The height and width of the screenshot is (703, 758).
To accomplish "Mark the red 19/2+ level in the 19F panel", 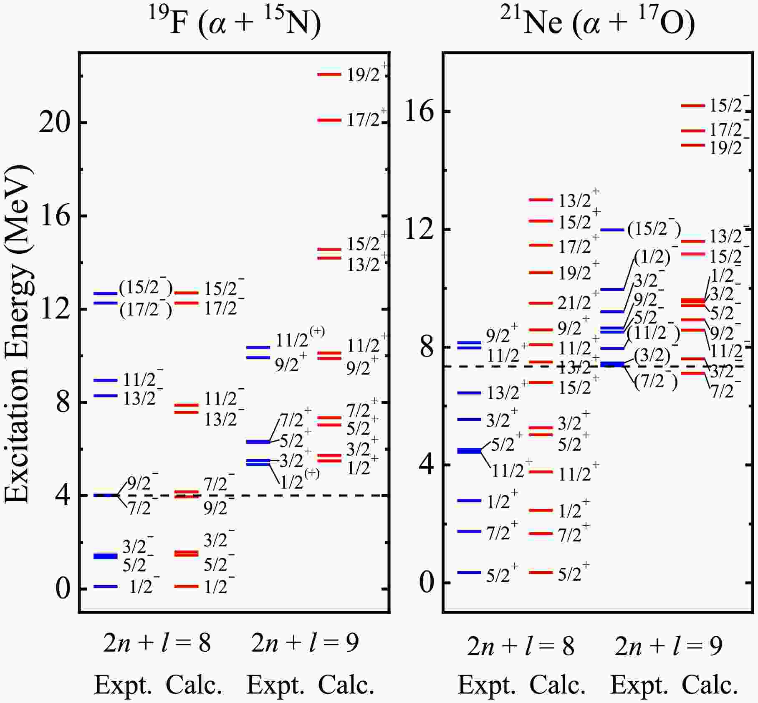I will [x=329, y=74].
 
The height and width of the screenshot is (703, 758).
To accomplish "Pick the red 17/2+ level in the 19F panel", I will [x=329, y=120].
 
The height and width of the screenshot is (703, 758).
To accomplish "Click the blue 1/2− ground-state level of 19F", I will [x=106, y=587].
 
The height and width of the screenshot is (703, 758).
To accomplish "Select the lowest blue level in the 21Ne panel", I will [x=469, y=572].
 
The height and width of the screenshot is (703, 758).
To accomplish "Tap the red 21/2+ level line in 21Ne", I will [x=541, y=303].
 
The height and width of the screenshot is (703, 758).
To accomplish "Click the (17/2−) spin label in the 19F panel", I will [x=146, y=310].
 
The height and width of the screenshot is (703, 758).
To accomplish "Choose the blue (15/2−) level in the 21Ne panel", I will [x=612, y=230].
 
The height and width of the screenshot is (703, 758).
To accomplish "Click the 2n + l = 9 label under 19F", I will [x=305, y=643].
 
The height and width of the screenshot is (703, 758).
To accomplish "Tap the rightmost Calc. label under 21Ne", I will [x=710, y=685].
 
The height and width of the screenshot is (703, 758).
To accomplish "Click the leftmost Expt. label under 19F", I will [x=123, y=685].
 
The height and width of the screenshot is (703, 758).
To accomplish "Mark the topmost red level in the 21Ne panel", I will [x=693, y=106].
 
